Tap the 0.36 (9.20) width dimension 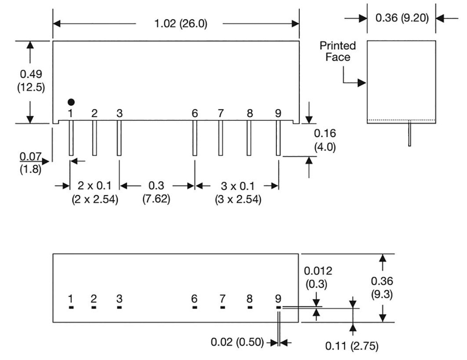pyautogui.click(x=401, y=19)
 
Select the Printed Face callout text pyautogui.click(x=337, y=51)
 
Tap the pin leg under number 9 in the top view pyautogui.click(x=278, y=139)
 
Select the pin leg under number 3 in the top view pyautogui.click(x=119, y=139)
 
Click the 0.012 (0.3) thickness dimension pyautogui.click(x=318, y=276)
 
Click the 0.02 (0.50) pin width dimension pyautogui.click(x=237, y=342)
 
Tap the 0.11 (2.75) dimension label pyautogui.click(x=352, y=346)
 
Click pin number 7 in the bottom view pyautogui.click(x=222, y=299)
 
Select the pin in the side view pyautogui.click(x=410, y=133)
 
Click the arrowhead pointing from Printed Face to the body pyautogui.click(x=363, y=83)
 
